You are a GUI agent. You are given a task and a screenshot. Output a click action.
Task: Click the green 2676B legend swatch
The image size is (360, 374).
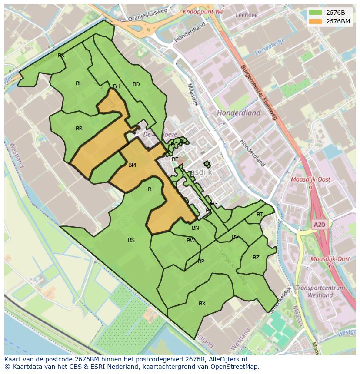[316, 13]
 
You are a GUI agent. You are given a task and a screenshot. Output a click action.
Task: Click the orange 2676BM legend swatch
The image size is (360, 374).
[316, 21]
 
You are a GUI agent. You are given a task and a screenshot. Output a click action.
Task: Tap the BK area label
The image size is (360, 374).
[61, 56]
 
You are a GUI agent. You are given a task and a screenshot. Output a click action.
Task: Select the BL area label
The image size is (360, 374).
[79, 83]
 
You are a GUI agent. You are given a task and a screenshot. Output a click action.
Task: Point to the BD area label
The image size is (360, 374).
[136, 84]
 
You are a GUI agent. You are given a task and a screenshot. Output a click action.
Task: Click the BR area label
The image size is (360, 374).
[79, 129]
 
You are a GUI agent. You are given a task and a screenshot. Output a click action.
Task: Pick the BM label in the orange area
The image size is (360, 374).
[132, 165]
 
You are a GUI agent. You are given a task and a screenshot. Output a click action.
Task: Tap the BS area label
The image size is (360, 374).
[131, 240]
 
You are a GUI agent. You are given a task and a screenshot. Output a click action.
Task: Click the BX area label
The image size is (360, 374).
[202, 304]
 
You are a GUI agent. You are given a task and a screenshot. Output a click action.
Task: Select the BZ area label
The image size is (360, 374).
[256, 258]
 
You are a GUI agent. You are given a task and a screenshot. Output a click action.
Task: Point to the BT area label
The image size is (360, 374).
[260, 215]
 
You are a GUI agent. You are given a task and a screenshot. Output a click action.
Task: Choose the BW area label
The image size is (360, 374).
[191, 241]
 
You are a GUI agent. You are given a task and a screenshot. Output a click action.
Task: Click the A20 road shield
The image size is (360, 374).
[319, 225]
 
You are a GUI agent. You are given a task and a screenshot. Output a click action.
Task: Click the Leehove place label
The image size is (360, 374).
[246, 14]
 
